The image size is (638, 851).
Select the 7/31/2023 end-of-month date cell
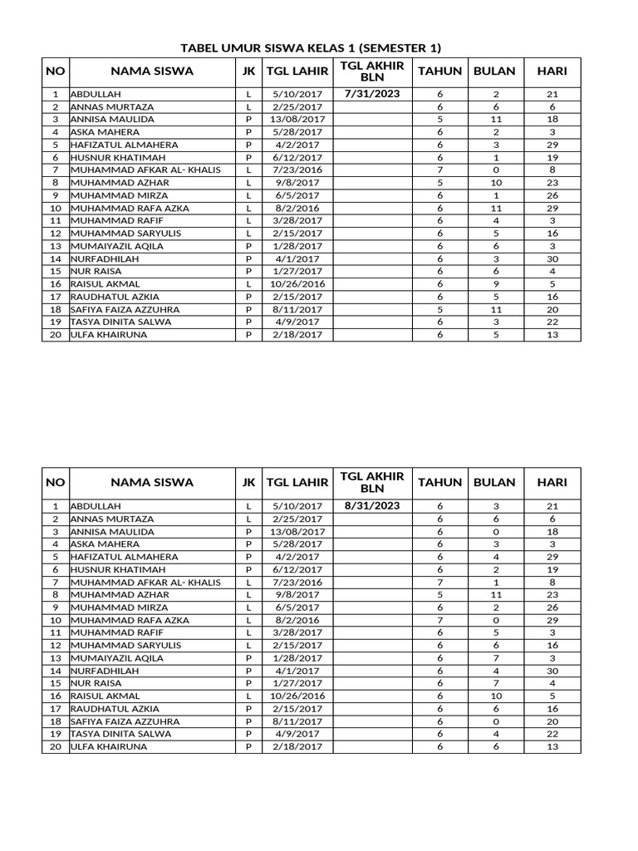click(x=371, y=94)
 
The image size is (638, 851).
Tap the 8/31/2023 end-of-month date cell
click(x=371, y=505)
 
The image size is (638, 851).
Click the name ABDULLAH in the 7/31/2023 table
click(x=96, y=95)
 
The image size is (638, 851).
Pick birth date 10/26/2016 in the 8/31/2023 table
click(x=297, y=696)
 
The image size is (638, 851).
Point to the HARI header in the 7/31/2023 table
click(x=552, y=71)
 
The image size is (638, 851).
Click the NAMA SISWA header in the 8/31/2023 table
click(x=152, y=482)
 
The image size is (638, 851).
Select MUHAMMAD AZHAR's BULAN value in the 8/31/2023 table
click(x=494, y=595)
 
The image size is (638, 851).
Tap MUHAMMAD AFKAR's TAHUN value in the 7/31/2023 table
click(x=439, y=170)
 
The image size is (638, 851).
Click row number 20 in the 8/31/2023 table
click(x=55, y=747)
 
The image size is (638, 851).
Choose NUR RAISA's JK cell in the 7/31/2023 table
click(x=248, y=272)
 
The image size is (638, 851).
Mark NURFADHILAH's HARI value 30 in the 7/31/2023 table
click(x=552, y=259)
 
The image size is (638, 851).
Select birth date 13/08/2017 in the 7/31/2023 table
click(x=297, y=120)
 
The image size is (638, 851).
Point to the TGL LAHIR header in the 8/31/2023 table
click(x=297, y=482)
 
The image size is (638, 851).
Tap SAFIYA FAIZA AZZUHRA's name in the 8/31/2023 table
click(x=122, y=721)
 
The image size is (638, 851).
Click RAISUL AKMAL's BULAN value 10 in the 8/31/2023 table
click(x=494, y=696)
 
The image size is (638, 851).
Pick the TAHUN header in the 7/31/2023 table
click(x=439, y=71)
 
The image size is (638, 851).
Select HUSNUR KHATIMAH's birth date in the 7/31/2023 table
click(x=297, y=158)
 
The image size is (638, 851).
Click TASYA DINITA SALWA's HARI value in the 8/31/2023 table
click(x=552, y=735)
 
